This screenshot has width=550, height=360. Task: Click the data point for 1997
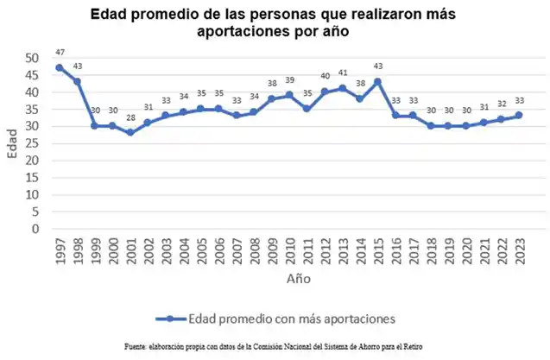(59, 67)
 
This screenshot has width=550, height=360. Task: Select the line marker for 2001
(130, 133)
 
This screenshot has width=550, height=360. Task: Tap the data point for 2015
(377, 81)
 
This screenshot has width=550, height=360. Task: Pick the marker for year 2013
(342, 88)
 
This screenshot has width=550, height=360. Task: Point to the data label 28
(130, 118)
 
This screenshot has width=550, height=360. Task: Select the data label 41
(342, 73)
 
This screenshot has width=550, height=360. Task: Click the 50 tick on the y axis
(32, 58)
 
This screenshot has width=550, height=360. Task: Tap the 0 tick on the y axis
(35, 230)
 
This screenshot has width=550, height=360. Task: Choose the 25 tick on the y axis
(32, 143)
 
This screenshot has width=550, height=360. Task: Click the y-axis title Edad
(11, 143)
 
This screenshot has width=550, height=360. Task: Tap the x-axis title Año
(299, 280)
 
